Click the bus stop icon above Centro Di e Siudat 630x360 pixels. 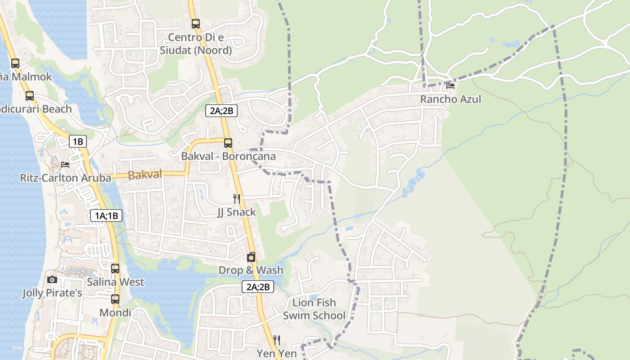[x=195, y=23]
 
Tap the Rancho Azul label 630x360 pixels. [x=450, y=99]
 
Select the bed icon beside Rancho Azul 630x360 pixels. [x=450, y=85]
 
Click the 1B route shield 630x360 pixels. [x=77, y=142]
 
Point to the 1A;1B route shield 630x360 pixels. [x=106, y=216]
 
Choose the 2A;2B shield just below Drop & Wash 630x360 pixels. [x=258, y=286]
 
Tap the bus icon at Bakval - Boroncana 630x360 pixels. [x=228, y=143]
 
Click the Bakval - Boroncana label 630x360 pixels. [x=228, y=156]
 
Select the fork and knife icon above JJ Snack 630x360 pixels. [x=237, y=198]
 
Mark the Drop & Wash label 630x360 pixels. [x=251, y=270]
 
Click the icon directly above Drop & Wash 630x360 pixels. [x=251, y=257]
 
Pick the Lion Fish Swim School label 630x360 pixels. [x=314, y=309]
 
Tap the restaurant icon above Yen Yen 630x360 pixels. [x=277, y=340]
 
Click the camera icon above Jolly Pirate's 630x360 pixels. [x=52, y=279]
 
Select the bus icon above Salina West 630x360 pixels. [x=115, y=269]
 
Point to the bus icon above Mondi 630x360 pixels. [x=115, y=299]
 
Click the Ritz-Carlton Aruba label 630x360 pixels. [x=66, y=178]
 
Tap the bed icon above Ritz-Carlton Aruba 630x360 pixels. [x=65, y=165]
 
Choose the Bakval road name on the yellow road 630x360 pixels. [x=145, y=175]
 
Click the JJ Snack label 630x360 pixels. [x=236, y=212]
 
